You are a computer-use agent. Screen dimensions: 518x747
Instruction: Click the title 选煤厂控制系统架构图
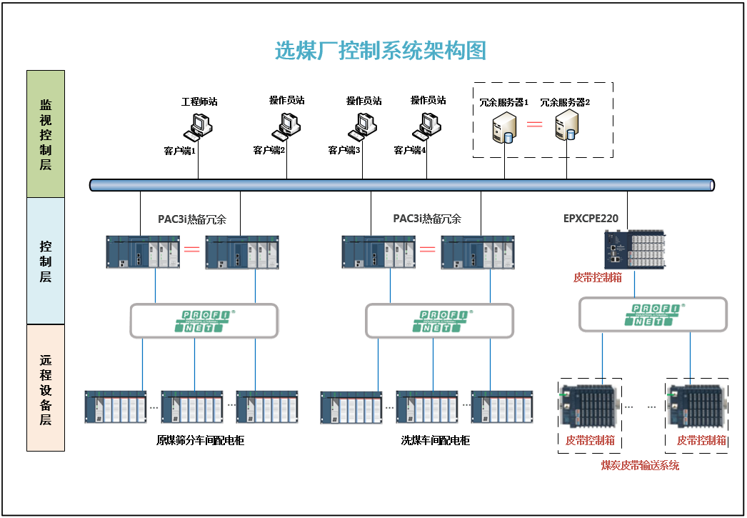381,51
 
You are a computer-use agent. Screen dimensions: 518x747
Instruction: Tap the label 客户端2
269,150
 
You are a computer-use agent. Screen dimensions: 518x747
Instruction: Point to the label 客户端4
410,150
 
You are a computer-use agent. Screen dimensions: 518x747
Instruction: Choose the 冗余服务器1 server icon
503,129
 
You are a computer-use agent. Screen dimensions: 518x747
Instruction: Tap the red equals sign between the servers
535,125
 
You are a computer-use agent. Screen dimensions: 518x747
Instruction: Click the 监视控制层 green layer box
46,134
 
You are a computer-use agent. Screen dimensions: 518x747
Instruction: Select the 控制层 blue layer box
46,261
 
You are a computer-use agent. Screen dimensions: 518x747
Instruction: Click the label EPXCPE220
591,218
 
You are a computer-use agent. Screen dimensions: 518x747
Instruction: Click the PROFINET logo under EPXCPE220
653,314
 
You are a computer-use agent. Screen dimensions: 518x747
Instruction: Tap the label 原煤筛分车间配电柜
200,440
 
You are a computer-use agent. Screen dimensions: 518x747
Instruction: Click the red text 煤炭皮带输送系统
640,466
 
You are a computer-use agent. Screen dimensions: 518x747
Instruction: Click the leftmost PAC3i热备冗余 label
192,219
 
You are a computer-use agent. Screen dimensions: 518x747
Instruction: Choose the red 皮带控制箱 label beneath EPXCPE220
597,277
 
